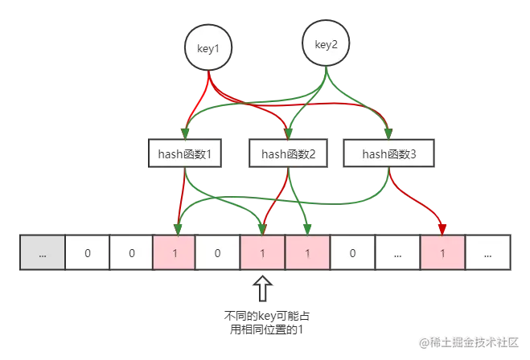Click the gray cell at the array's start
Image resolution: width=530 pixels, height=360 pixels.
tap(43, 252)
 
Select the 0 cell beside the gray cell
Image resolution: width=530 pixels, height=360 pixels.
tap(87, 252)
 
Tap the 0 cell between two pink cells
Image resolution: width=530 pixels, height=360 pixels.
tap(217, 252)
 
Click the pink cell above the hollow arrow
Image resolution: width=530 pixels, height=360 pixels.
tap(262, 252)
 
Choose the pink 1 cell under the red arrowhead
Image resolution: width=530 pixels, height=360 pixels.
tap(443, 252)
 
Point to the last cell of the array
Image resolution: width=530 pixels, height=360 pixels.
tap(487, 252)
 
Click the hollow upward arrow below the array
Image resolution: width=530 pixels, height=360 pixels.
tap(263, 288)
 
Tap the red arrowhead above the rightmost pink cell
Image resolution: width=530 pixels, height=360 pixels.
tap(442, 229)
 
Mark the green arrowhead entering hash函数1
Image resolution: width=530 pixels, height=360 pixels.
tap(185, 133)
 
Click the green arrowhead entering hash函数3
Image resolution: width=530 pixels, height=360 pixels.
tap(388, 133)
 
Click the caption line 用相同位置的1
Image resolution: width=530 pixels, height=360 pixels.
tap(266, 329)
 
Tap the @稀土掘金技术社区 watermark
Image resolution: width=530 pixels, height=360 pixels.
tap(469, 342)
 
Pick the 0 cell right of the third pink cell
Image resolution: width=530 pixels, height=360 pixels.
tap(352, 252)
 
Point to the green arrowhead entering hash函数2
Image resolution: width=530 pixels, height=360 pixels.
tap(288, 133)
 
